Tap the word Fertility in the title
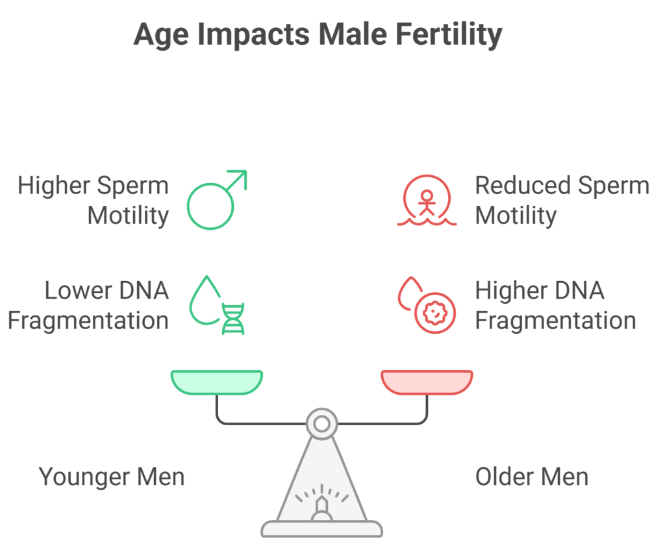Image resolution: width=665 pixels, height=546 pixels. (451, 34)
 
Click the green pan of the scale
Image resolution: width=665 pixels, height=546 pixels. (217, 382)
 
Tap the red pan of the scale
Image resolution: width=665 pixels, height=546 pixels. (427, 382)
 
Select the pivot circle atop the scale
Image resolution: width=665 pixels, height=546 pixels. (321, 424)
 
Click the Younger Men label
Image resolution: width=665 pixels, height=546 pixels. (112, 477)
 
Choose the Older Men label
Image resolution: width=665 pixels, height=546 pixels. (531, 477)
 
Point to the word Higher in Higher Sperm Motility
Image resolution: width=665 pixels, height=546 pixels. (53, 186)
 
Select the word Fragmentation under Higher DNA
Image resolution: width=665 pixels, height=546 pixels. (555, 320)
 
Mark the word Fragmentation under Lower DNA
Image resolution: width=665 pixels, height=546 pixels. (88, 320)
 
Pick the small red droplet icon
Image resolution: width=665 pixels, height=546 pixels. (407, 293)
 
